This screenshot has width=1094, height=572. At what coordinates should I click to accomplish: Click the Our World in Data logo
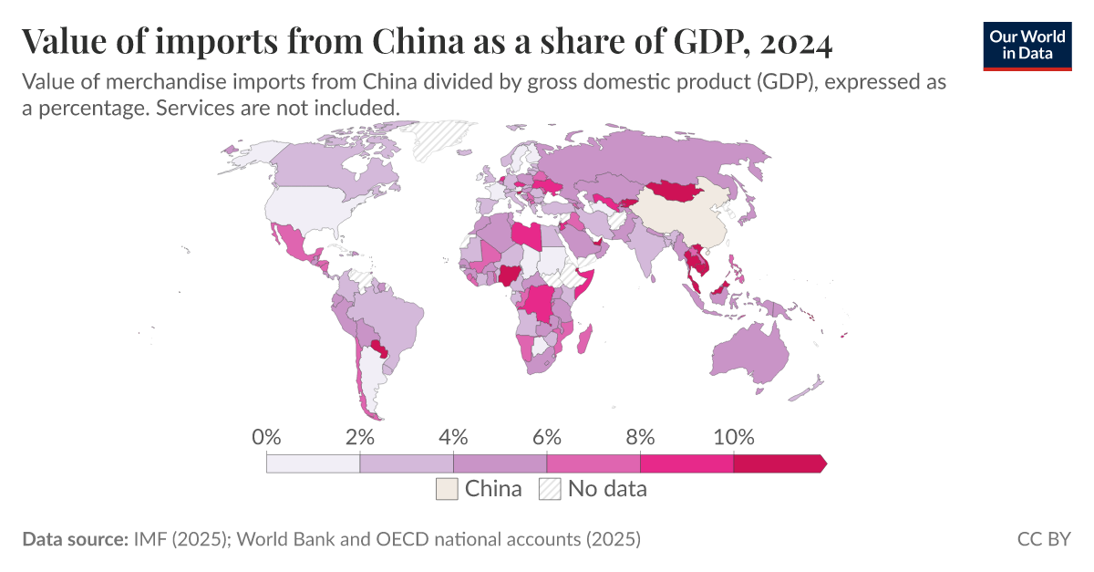[x=1027, y=44]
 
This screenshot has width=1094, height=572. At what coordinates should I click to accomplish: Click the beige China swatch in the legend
[x=447, y=489]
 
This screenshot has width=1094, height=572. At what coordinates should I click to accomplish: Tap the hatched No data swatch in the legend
[x=550, y=489]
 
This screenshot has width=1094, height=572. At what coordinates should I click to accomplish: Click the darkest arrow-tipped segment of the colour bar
[x=778, y=463]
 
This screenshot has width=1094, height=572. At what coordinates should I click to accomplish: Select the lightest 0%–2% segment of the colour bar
[x=313, y=463]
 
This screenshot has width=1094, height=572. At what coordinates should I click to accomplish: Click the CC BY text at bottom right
[x=1044, y=539]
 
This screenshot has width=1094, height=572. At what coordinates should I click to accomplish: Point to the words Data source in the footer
[x=74, y=539]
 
